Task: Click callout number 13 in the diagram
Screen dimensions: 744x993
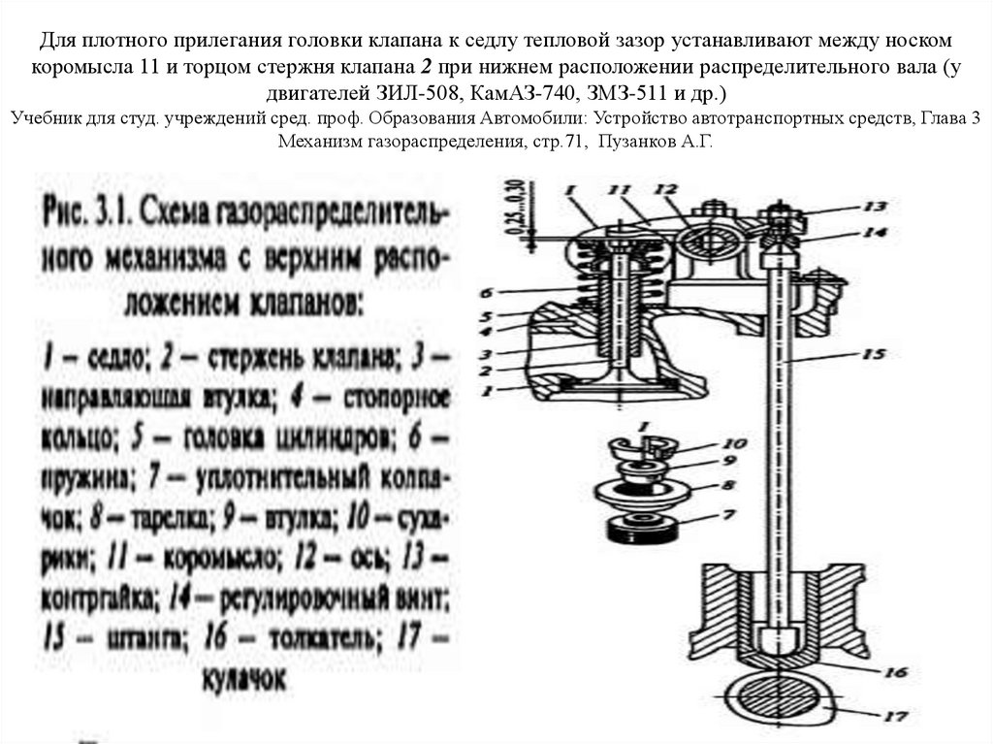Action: point(876,206)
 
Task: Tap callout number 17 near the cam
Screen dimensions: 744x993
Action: point(894,717)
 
